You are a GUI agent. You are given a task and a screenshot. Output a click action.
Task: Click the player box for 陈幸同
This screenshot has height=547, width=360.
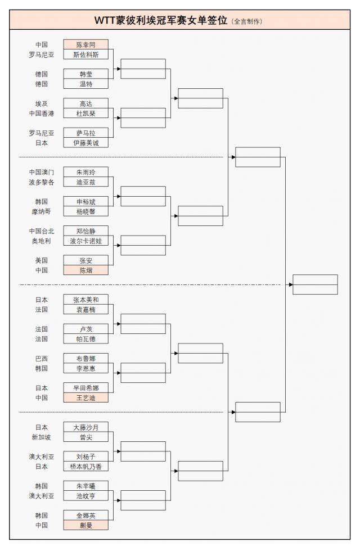(85, 44)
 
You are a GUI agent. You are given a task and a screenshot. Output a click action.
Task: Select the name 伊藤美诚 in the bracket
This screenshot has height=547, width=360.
(85, 143)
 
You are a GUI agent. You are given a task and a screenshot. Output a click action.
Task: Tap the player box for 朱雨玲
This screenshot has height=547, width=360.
(85, 172)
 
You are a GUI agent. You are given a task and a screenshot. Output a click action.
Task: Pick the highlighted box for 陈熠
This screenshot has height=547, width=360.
(85, 270)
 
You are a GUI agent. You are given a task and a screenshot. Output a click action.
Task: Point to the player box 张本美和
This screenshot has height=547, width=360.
(85, 300)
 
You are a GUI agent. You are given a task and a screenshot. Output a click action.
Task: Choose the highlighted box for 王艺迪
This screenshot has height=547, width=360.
(85, 397)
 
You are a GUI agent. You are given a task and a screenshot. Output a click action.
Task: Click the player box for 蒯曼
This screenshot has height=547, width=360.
(85, 525)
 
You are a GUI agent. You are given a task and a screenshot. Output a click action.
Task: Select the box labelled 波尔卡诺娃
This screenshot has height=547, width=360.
(85, 241)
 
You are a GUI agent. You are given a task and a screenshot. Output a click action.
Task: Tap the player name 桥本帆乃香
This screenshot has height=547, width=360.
(85, 467)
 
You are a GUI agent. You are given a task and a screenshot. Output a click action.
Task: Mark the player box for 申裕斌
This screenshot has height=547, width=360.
(85, 201)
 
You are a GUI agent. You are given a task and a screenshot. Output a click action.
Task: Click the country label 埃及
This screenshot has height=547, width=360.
(42, 103)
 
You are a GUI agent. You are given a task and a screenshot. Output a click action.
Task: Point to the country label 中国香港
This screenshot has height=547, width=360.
(42, 113)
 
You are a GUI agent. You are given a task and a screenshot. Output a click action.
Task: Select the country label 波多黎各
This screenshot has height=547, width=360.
(42, 182)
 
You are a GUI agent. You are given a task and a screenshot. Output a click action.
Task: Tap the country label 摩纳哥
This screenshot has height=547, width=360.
(42, 211)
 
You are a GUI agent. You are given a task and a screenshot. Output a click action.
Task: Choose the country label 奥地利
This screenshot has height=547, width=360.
(42, 241)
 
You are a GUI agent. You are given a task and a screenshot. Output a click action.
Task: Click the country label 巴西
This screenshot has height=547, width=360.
(42, 359)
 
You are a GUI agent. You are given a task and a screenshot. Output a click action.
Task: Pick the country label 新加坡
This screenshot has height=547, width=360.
(42, 437)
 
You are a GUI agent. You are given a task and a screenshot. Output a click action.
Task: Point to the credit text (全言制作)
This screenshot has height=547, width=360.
(247, 21)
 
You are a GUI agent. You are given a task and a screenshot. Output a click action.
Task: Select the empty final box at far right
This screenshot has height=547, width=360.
(315, 284)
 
